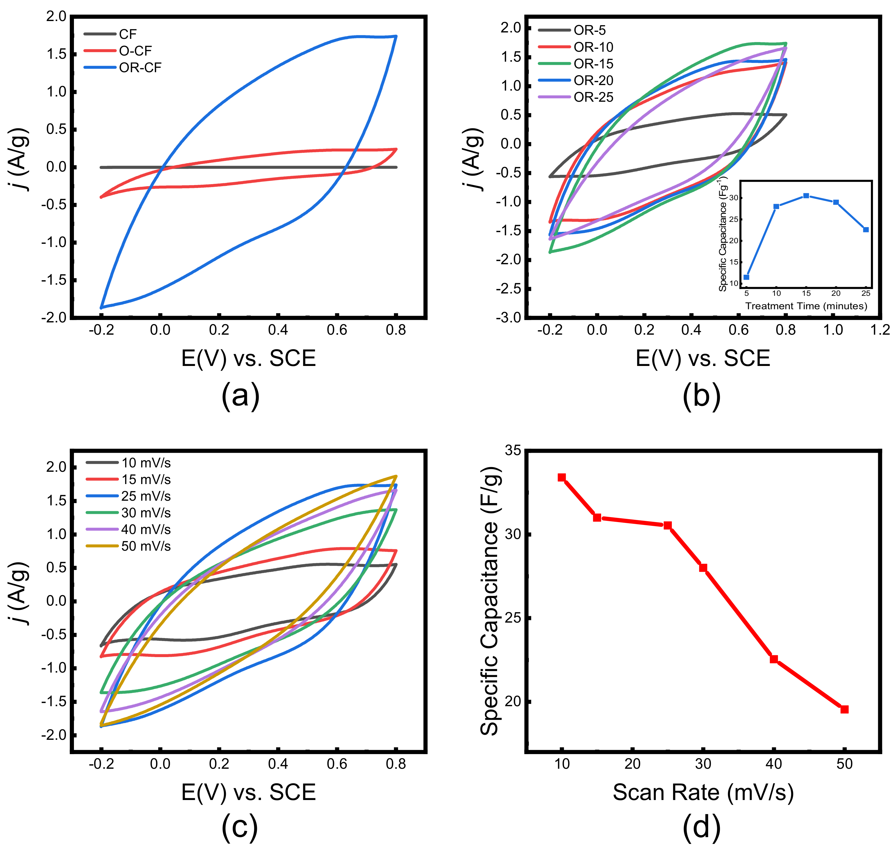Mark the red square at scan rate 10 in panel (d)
(562, 477)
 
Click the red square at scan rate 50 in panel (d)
(844, 709)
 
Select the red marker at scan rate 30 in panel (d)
(703, 568)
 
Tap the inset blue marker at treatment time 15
(806, 196)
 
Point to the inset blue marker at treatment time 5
(746, 277)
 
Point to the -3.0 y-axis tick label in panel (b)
(508, 318)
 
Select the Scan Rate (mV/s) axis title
(703, 792)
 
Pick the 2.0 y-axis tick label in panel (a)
(56, 17)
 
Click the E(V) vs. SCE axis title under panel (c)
(248, 792)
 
